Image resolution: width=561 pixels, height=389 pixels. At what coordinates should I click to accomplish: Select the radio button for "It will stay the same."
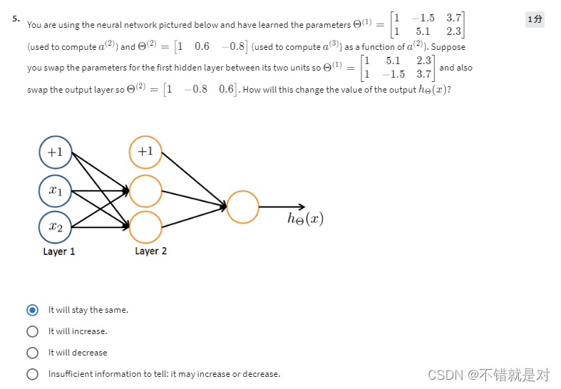click(x=32, y=310)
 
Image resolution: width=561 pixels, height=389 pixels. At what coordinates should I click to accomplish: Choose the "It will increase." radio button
click(x=32, y=331)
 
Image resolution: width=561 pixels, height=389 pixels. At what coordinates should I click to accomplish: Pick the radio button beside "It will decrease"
click(x=32, y=353)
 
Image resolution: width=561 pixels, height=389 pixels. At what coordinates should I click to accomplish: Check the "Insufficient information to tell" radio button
click(x=32, y=374)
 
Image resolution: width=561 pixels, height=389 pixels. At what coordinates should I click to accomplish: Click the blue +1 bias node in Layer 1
click(x=55, y=152)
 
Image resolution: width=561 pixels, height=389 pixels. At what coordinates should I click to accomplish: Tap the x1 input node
click(x=55, y=190)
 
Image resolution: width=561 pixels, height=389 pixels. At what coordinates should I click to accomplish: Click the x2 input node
click(x=55, y=227)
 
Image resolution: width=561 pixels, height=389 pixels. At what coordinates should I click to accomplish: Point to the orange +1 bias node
click(x=145, y=151)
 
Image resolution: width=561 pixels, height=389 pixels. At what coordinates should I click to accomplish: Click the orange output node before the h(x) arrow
click(x=242, y=207)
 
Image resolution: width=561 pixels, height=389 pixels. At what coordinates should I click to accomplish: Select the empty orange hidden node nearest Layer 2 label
click(x=145, y=227)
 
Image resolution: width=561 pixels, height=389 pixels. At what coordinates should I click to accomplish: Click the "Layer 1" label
click(x=58, y=251)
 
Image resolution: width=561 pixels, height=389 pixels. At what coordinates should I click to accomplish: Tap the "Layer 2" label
click(x=150, y=251)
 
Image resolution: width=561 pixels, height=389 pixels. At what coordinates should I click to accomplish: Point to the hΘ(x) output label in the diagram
click(x=305, y=219)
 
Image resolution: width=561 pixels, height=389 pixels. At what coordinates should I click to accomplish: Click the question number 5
click(x=16, y=19)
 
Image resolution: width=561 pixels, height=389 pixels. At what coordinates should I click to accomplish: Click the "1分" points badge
click(x=535, y=19)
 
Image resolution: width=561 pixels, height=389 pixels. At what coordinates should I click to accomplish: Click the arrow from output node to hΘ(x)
click(x=282, y=207)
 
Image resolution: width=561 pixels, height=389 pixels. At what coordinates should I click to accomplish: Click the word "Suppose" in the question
click(x=448, y=47)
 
